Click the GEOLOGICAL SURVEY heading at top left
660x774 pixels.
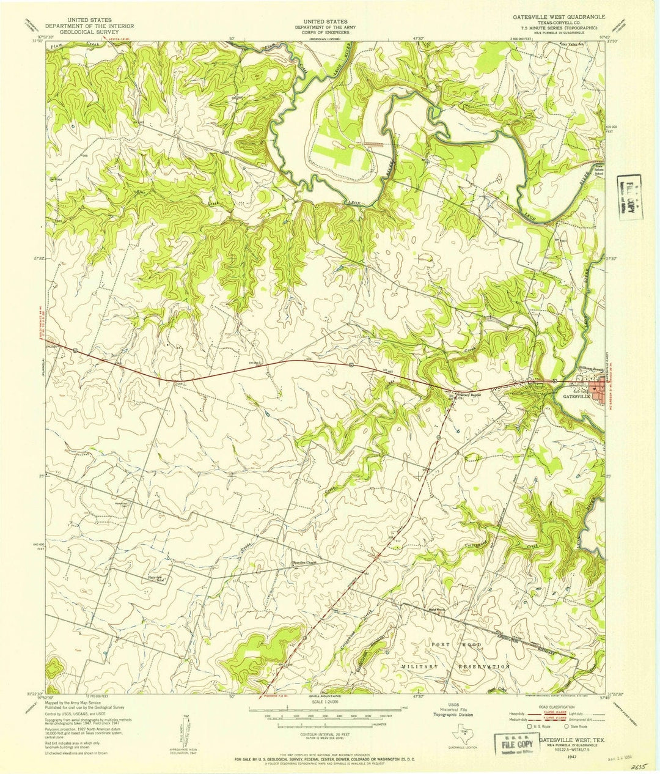click(x=90, y=32)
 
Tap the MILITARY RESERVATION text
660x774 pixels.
click(x=455, y=666)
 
